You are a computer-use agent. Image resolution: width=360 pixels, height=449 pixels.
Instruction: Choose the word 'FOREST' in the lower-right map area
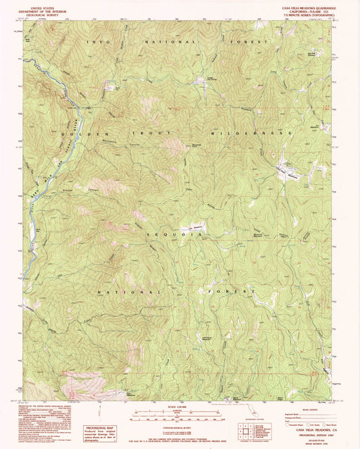(235, 292)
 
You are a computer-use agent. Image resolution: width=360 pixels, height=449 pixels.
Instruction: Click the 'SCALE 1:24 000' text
(179, 406)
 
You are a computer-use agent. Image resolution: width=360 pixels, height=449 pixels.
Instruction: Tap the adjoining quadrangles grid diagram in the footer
(249, 429)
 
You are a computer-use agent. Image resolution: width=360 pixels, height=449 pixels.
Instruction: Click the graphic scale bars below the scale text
(179, 415)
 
